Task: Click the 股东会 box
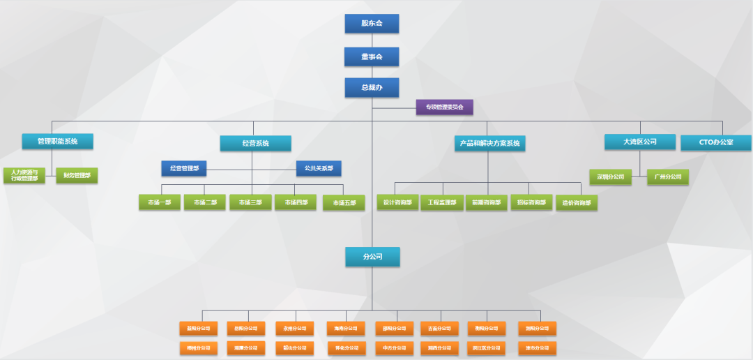pyautogui.click(x=372, y=24)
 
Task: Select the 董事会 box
pyautogui.click(x=372, y=57)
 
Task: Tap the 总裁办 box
pyautogui.click(x=372, y=88)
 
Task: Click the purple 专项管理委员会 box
pyautogui.click(x=444, y=107)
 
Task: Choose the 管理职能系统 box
pyautogui.click(x=57, y=142)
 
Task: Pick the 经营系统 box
pyautogui.click(x=255, y=144)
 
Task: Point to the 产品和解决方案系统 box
pyautogui.click(x=489, y=144)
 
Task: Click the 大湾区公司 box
pyautogui.click(x=640, y=142)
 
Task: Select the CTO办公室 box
pyautogui.click(x=716, y=142)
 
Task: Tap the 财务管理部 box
pyautogui.click(x=77, y=176)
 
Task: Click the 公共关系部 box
pyautogui.click(x=319, y=168)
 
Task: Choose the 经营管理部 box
pyautogui.click(x=184, y=168)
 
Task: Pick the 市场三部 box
pyautogui.click(x=250, y=202)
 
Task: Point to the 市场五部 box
pyautogui.click(x=344, y=203)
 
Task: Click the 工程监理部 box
pyautogui.click(x=442, y=202)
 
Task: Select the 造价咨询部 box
pyautogui.click(x=577, y=203)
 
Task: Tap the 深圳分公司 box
pyautogui.click(x=610, y=177)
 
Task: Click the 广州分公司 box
pyautogui.click(x=668, y=177)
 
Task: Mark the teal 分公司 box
pyautogui.click(x=372, y=257)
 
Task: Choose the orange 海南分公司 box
pyautogui.click(x=345, y=329)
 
